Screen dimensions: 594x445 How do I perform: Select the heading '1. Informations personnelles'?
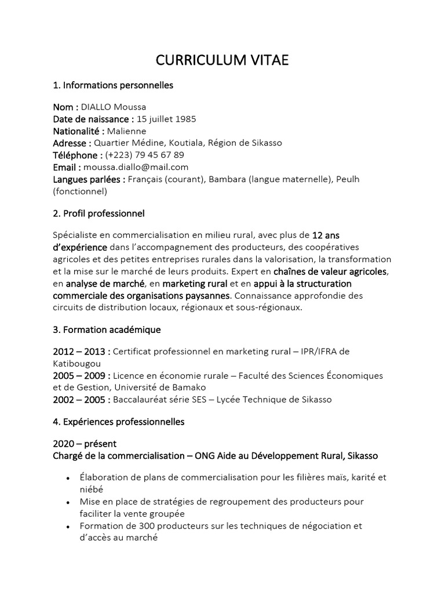(x=113, y=85)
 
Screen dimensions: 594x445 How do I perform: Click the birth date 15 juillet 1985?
(x=166, y=119)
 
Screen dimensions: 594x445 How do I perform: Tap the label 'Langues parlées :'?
(x=89, y=179)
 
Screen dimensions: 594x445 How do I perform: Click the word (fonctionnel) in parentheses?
(x=81, y=191)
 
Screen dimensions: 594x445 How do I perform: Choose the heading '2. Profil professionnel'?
(x=99, y=213)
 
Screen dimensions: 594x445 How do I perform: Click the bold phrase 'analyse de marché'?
(x=105, y=284)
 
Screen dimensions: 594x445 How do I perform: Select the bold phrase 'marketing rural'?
(x=195, y=284)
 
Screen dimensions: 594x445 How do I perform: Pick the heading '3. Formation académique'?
(x=107, y=329)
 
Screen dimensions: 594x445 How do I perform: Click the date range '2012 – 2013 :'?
(x=82, y=352)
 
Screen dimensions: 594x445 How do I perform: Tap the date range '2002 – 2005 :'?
(x=82, y=399)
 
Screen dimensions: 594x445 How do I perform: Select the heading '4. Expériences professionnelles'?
(x=119, y=422)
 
